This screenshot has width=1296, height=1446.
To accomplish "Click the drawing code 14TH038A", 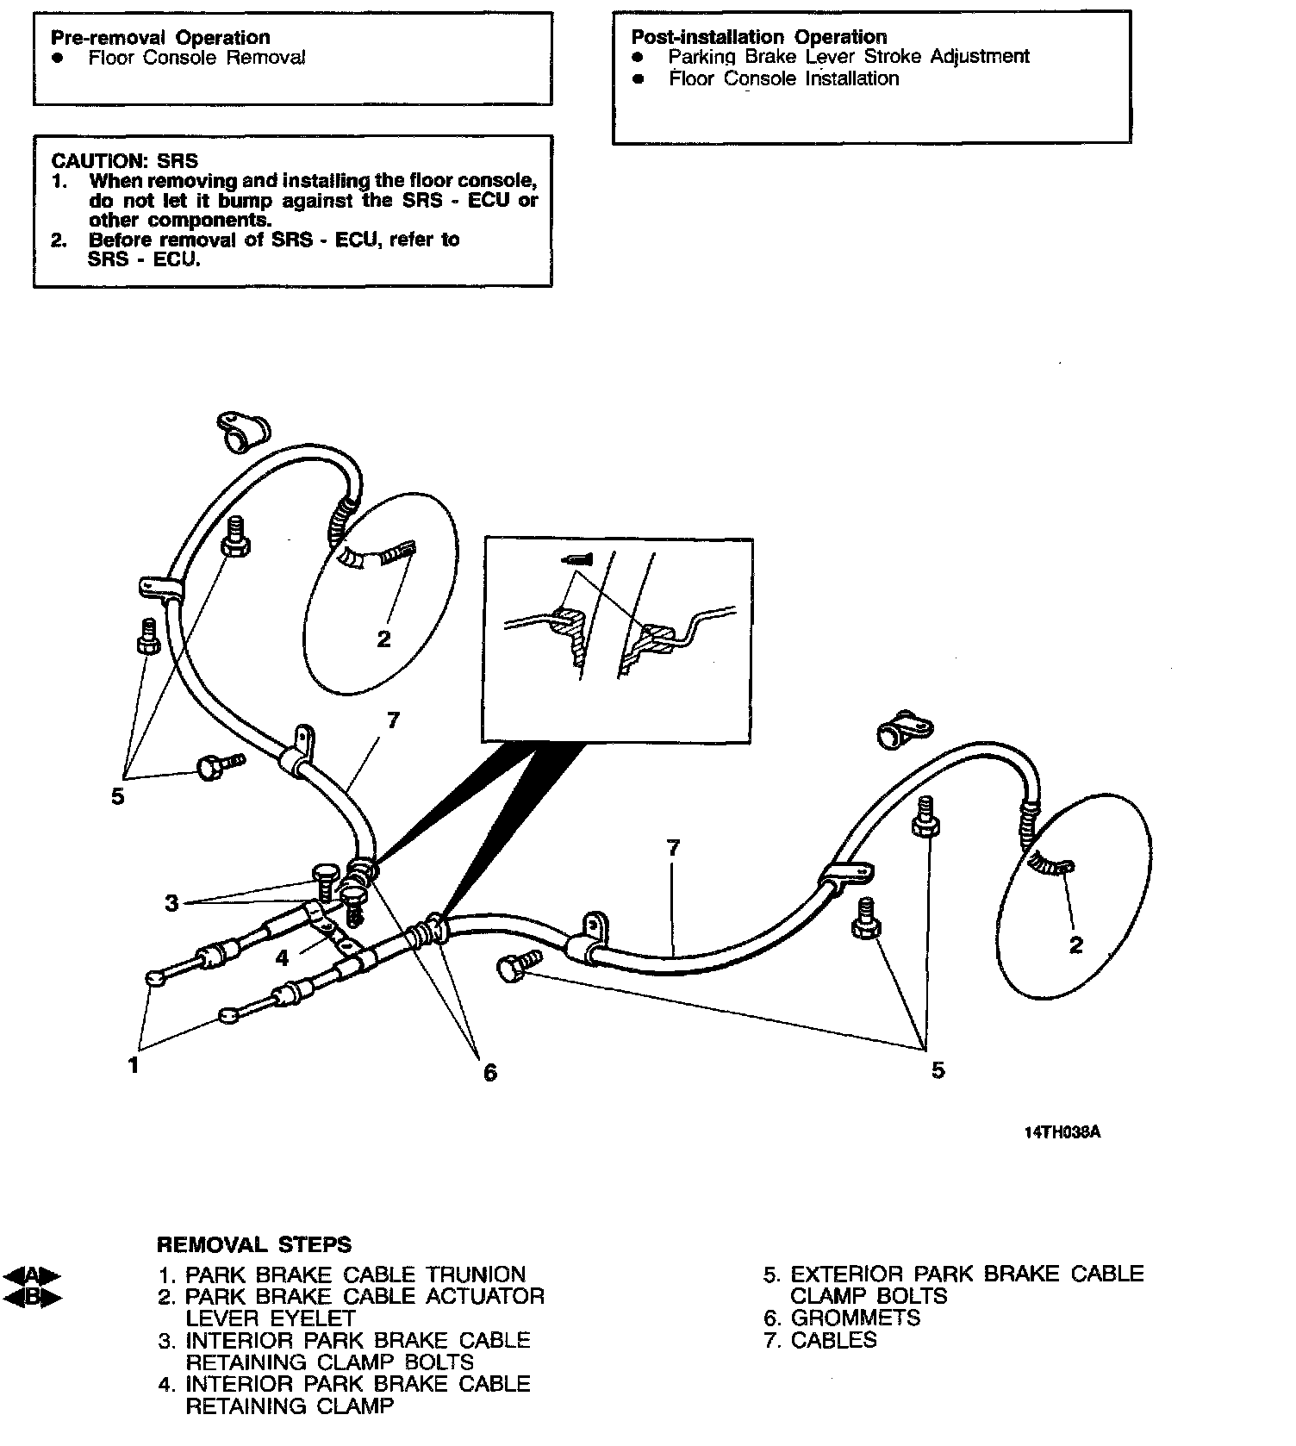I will [x=1062, y=1131].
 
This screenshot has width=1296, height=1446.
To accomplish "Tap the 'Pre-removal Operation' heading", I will [x=160, y=37].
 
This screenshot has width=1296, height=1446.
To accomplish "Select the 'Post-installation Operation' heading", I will [x=759, y=37].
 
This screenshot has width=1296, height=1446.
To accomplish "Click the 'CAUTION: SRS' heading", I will [x=124, y=161].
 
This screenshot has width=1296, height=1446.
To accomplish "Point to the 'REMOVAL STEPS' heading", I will [x=254, y=1244].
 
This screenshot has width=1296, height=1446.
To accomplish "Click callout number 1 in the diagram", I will [x=134, y=1066].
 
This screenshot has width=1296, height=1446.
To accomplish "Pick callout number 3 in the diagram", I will [x=171, y=903].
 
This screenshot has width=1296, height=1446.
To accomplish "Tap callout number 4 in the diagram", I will [x=282, y=957].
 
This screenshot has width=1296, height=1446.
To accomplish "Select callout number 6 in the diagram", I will [x=490, y=1073].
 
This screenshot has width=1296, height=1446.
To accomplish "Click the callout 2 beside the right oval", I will [x=1075, y=945].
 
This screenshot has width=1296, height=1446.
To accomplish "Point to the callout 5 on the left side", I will [x=118, y=796].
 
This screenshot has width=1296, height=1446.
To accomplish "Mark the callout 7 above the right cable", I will [x=673, y=848].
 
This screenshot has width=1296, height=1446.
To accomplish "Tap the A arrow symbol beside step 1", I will [x=32, y=1275].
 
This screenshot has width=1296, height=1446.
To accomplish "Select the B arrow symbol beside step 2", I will [x=32, y=1297].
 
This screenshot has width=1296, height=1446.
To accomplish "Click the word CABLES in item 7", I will [x=833, y=1340].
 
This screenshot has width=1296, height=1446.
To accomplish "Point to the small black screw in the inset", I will [x=576, y=559].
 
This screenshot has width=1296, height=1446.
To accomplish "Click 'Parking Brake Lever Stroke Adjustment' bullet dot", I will [x=638, y=57].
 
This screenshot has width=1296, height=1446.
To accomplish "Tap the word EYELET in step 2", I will [x=313, y=1318].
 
